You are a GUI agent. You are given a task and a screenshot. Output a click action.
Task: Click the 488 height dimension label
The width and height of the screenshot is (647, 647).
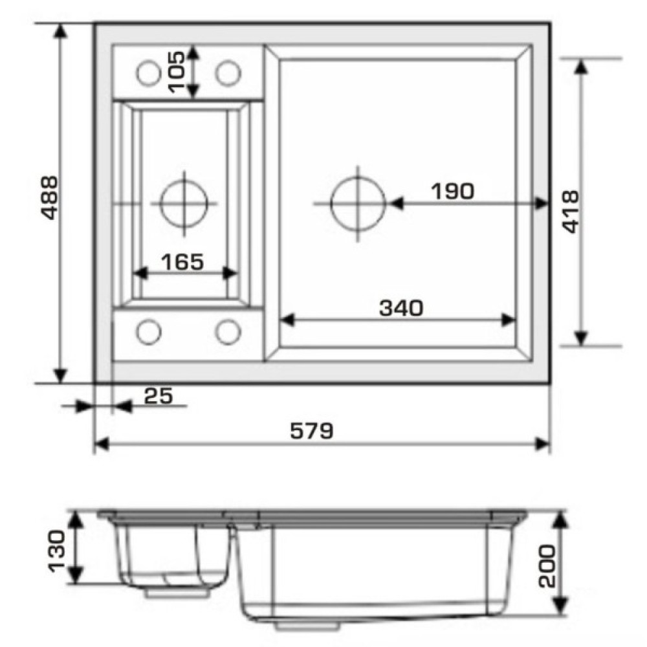click(50, 198)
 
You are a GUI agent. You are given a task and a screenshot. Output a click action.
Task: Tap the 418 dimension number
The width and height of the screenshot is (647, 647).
click(571, 212)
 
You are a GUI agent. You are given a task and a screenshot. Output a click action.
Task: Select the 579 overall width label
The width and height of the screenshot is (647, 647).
click(312, 431)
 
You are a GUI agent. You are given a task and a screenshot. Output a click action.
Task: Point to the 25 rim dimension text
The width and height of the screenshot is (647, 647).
click(159, 396)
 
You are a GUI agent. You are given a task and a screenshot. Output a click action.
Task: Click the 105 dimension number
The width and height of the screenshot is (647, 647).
click(177, 72)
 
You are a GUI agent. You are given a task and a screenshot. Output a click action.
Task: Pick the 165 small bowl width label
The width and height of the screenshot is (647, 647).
click(182, 261)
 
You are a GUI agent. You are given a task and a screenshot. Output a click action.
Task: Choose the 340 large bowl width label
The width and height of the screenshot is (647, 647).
click(401, 308)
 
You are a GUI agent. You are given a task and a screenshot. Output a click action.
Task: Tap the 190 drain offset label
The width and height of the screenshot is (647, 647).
click(453, 191)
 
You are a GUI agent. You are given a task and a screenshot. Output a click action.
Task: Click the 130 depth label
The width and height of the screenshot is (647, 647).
click(56, 551)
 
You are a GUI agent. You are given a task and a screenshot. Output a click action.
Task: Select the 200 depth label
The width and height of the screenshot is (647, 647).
click(547, 565)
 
